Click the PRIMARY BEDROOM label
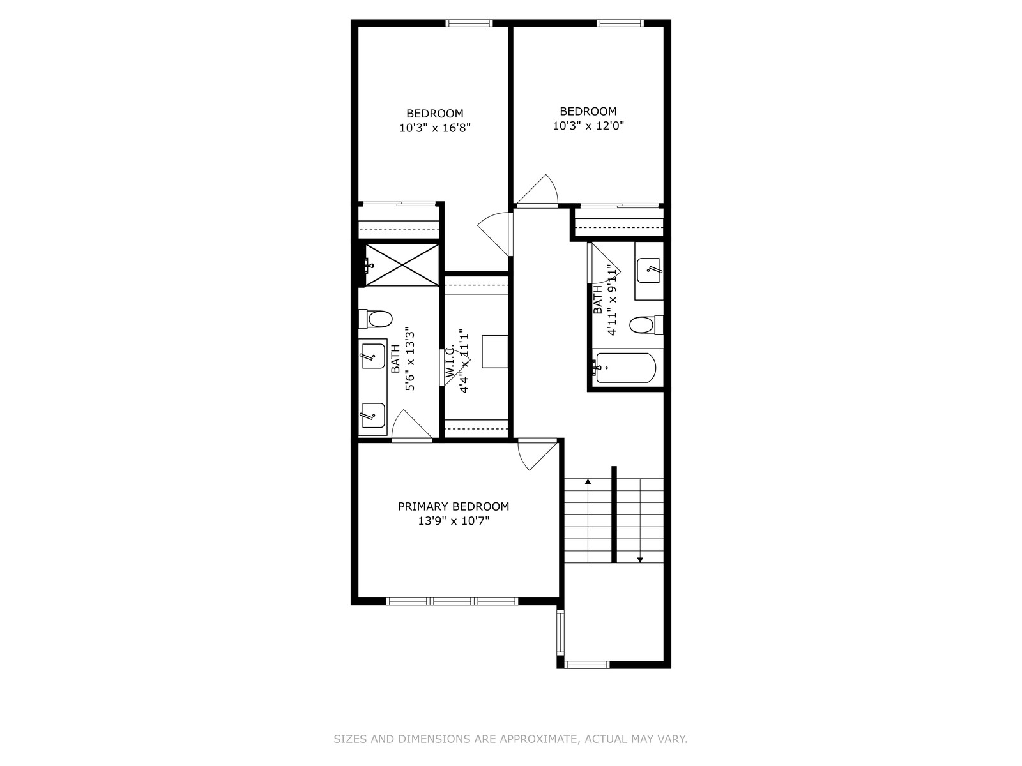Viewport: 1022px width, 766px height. tap(453, 506)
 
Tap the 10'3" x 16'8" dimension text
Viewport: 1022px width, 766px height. tap(435, 128)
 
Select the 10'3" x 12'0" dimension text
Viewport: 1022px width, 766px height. tap(588, 126)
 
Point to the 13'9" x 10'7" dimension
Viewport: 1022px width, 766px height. tap(454, 520)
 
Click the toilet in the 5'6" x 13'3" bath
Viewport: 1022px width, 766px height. tap(376, 319)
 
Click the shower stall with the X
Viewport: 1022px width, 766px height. tap(402, 265)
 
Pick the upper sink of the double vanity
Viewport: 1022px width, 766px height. tap(374, 356)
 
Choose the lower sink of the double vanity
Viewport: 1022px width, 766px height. tap(374, 416)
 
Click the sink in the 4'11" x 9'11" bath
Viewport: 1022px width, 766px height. tap(649, 270)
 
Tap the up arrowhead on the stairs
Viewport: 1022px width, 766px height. tap(588, 481)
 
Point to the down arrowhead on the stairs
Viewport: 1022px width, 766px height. tap(640, 560)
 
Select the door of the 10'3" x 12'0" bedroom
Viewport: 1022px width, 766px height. tap(537, 190)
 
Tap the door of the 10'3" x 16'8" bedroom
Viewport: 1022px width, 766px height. tap(495, 234)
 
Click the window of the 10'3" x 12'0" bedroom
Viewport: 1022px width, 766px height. tap(620, 23)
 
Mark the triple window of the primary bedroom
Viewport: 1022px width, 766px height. tap(452, 601)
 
